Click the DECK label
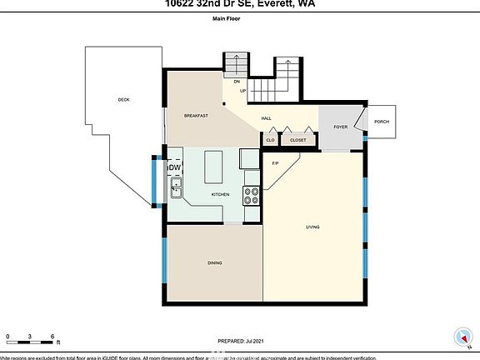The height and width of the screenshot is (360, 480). coord(123,100)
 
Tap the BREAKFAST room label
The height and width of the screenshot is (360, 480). coord(196,116)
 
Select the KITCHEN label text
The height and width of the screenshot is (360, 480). coord(220,194)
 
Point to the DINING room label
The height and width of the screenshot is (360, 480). coord(215,262)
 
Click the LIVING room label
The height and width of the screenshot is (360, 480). coord(313,227)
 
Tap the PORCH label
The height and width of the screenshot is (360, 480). coord(382,122)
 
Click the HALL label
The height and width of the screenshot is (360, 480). coord(267,118)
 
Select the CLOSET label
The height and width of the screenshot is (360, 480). coord(297,140)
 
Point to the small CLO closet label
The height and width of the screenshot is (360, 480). coord(271,140)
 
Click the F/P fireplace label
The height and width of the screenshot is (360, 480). coord(275,162)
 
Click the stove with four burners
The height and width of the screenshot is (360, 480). coord(251,195)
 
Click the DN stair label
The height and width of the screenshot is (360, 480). coord(237,82)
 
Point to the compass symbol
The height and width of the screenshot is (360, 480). coord(457,337)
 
